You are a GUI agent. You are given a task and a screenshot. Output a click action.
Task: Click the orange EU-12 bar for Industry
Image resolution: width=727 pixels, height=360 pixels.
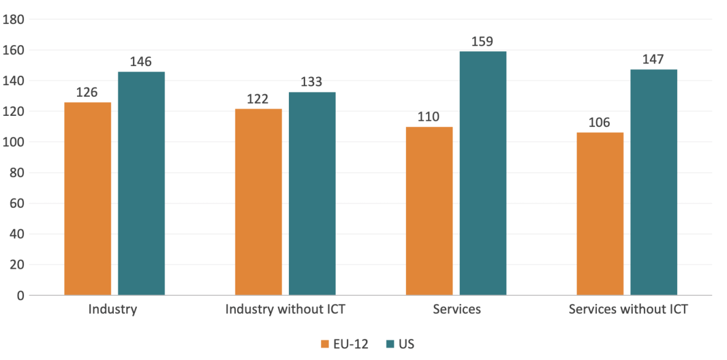[x=87, y=198]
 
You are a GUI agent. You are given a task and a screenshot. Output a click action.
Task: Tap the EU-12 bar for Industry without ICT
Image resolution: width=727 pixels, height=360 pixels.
[x=258, y=202]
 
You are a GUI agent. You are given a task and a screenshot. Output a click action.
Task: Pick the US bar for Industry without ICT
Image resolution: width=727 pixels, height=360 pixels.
[x=312, y=194]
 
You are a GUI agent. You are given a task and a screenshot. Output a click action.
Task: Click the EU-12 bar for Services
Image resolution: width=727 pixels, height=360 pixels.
[x=429, y=211]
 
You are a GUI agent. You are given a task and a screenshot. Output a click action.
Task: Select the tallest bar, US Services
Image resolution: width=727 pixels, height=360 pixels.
[x=483, y=173]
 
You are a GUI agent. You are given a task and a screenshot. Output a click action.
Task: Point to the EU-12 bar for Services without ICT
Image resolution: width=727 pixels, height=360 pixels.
[x=599, y=214]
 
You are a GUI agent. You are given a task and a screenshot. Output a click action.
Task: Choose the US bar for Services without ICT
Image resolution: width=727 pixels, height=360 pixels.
[x=654, y=182]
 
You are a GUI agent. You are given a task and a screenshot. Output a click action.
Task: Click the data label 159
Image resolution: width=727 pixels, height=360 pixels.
[x=483, y=42]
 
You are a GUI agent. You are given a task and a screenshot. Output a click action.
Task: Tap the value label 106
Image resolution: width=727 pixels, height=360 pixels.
[x=599, y=123]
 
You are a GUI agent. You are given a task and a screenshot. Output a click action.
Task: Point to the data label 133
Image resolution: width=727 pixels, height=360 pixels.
[x=312, y=82]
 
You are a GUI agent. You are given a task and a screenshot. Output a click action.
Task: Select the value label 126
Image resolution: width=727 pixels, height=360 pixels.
[x=87, y=92]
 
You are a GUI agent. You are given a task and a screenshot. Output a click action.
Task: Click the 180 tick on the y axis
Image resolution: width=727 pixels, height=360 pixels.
[x=14, y=20]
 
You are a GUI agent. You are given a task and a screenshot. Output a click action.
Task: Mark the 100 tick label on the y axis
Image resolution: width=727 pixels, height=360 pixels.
[x=14, y=142]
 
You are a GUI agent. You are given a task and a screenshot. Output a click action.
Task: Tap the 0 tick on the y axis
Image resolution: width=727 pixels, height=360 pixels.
[x=20, y=296]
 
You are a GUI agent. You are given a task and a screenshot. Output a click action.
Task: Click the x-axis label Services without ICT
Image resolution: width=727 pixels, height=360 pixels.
[x=628, y=309]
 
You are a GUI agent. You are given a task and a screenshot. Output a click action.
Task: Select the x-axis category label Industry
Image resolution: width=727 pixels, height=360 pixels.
[x=113, y=309]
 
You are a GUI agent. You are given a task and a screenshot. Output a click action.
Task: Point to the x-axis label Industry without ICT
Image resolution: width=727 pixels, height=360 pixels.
[x=285, y=309]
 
